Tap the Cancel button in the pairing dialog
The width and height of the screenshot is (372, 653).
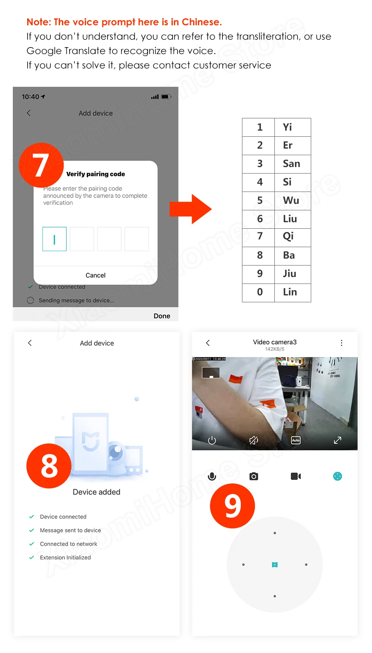point(95,275)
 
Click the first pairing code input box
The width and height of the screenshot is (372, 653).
point(54,239)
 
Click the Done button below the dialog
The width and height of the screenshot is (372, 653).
point(162,316)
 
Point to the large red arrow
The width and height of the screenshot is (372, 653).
point(190,209)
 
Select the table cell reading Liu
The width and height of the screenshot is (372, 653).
point(293,219)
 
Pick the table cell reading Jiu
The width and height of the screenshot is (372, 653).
point(293,274)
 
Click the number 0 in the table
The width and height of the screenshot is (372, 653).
point(260,292)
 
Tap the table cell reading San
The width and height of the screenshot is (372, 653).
point(293,164)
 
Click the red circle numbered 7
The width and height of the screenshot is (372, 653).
point(41,165)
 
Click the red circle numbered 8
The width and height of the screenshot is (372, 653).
point(49,466)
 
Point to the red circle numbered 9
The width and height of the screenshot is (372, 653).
point(232,506)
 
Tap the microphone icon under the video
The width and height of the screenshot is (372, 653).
point(212,476)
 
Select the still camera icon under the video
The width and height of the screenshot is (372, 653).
point(254,476)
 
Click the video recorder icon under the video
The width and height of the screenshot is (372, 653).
point(296,476)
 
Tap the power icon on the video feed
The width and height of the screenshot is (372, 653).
point(212,440)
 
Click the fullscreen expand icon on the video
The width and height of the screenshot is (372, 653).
point(337,440)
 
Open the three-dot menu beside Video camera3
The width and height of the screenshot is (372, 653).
point(341,343)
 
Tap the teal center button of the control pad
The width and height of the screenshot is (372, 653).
point(275,565)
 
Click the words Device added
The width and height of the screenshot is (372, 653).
point(96,492)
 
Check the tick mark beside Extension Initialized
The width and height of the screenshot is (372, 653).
point(32,557)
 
